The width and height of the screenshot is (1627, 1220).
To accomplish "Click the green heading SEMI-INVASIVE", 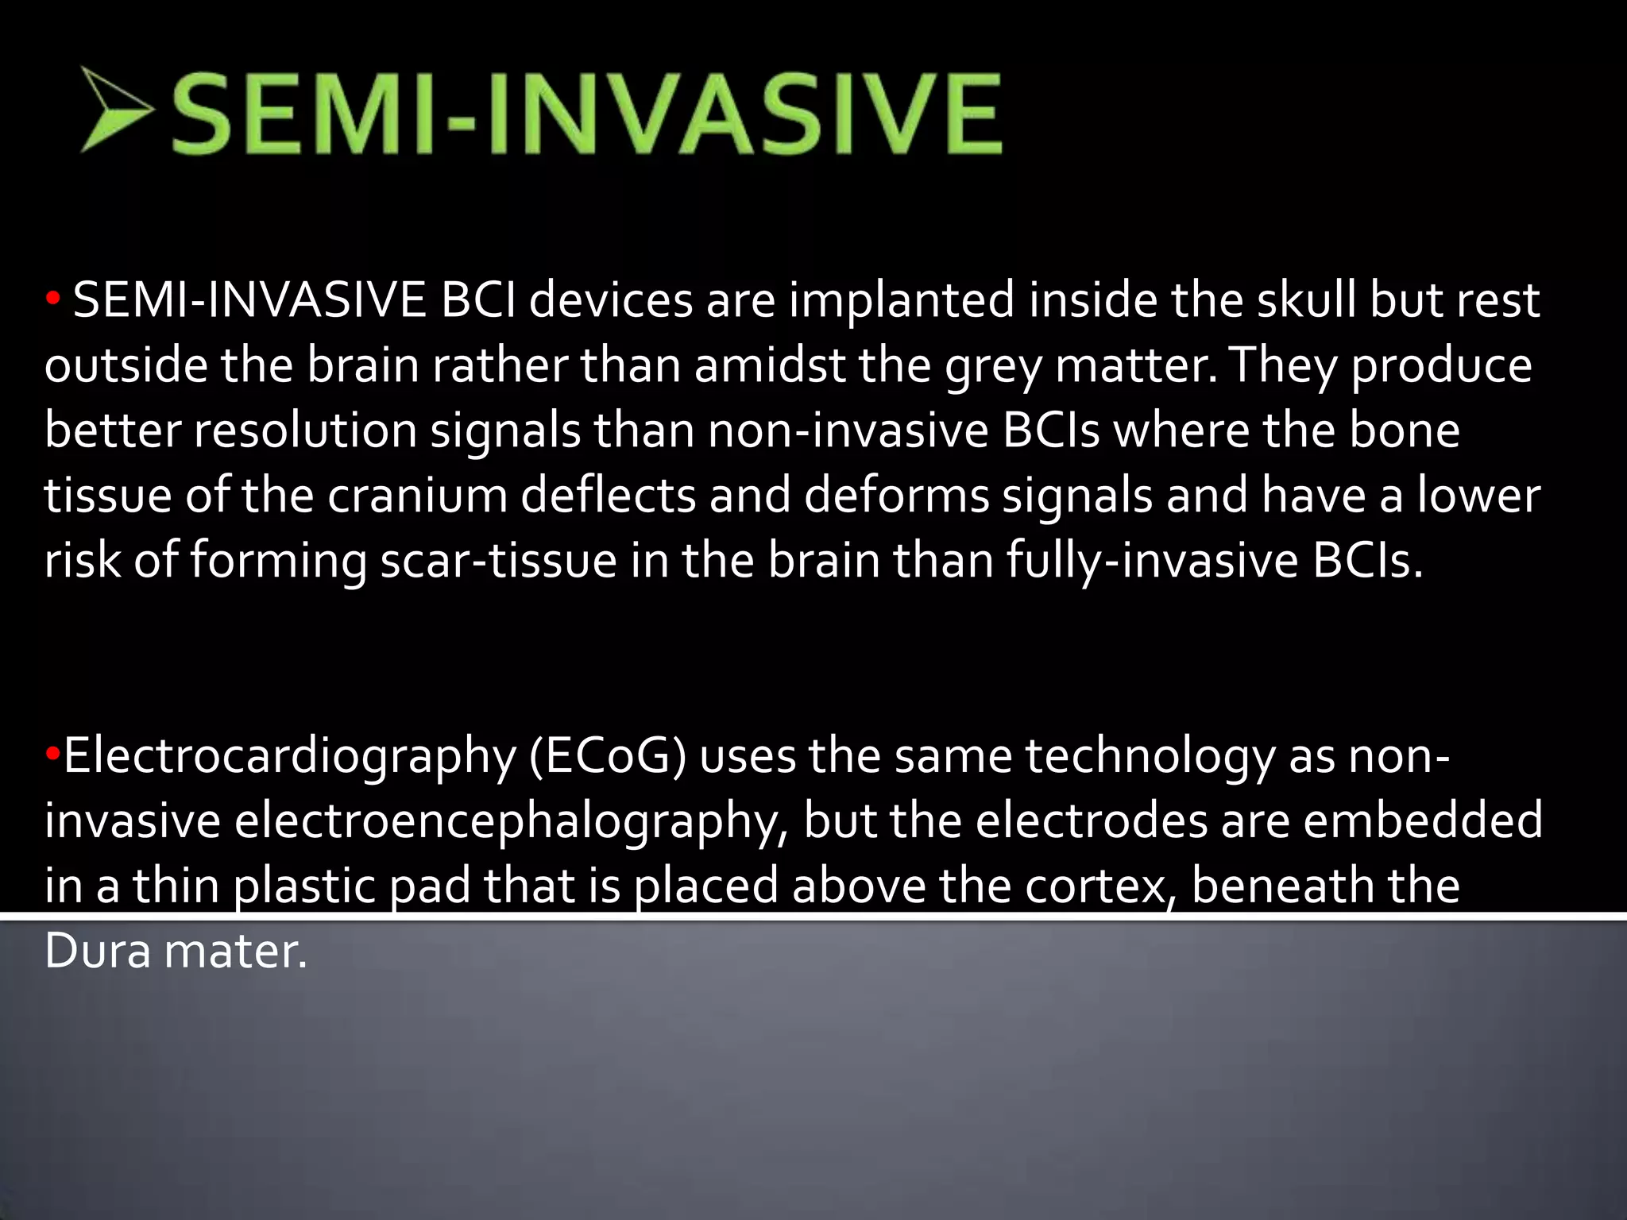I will [x=586, y=113].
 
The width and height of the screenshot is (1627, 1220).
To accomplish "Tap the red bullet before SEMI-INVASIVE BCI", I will [x=52, y=301].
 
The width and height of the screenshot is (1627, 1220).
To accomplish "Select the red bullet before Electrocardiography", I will [x=52, y=753].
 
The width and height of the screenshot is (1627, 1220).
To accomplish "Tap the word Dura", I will [x=97, y=951].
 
